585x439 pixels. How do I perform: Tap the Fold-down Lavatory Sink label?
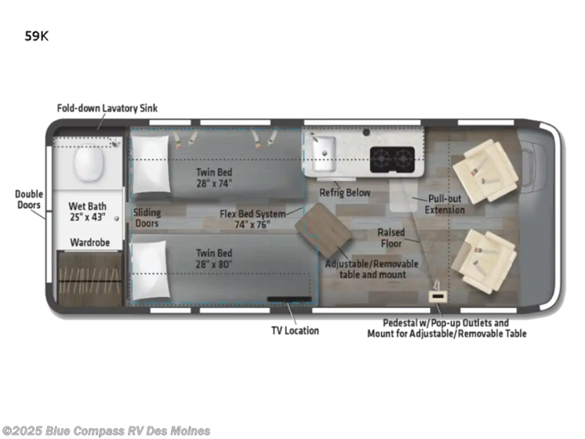107,108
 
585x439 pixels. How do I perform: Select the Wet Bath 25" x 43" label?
88,211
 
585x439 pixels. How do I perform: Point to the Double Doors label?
29,200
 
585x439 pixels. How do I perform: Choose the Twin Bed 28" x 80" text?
216,259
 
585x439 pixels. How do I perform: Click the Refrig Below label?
344,192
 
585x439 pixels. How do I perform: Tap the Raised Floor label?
391,238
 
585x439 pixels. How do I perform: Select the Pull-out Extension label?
445,205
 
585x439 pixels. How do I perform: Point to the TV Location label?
295,330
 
